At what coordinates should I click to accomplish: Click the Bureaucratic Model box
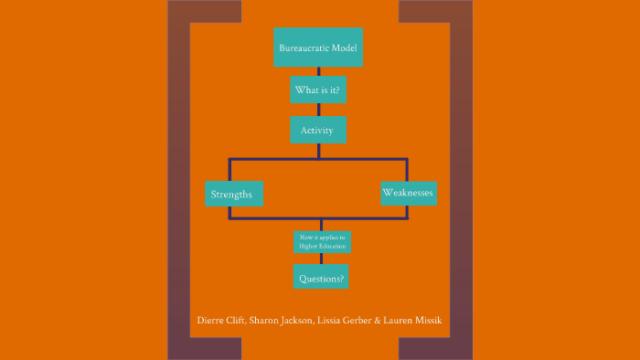click(x=318, y=47)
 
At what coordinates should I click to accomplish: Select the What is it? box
click(x=319, y=90)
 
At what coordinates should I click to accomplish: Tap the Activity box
click(x=319, y=130)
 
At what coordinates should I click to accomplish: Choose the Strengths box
click(x=232, y=194)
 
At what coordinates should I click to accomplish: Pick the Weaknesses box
click(x=408, y=193)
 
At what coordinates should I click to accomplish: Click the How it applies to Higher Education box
click(x=321, y=242)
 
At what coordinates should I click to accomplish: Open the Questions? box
click(x=321, y=276)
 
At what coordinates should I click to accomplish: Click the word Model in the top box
click(x=342, y=47)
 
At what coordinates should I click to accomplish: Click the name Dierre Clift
click(x=220, y=321)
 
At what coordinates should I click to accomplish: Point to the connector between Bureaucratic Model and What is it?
click(x=318, y=72)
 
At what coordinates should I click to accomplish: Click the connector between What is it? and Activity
click(x=318, y=111)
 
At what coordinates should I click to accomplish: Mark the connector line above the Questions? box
click(x=321, y=259)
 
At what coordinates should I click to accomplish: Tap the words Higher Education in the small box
click(x=321, y=246)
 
